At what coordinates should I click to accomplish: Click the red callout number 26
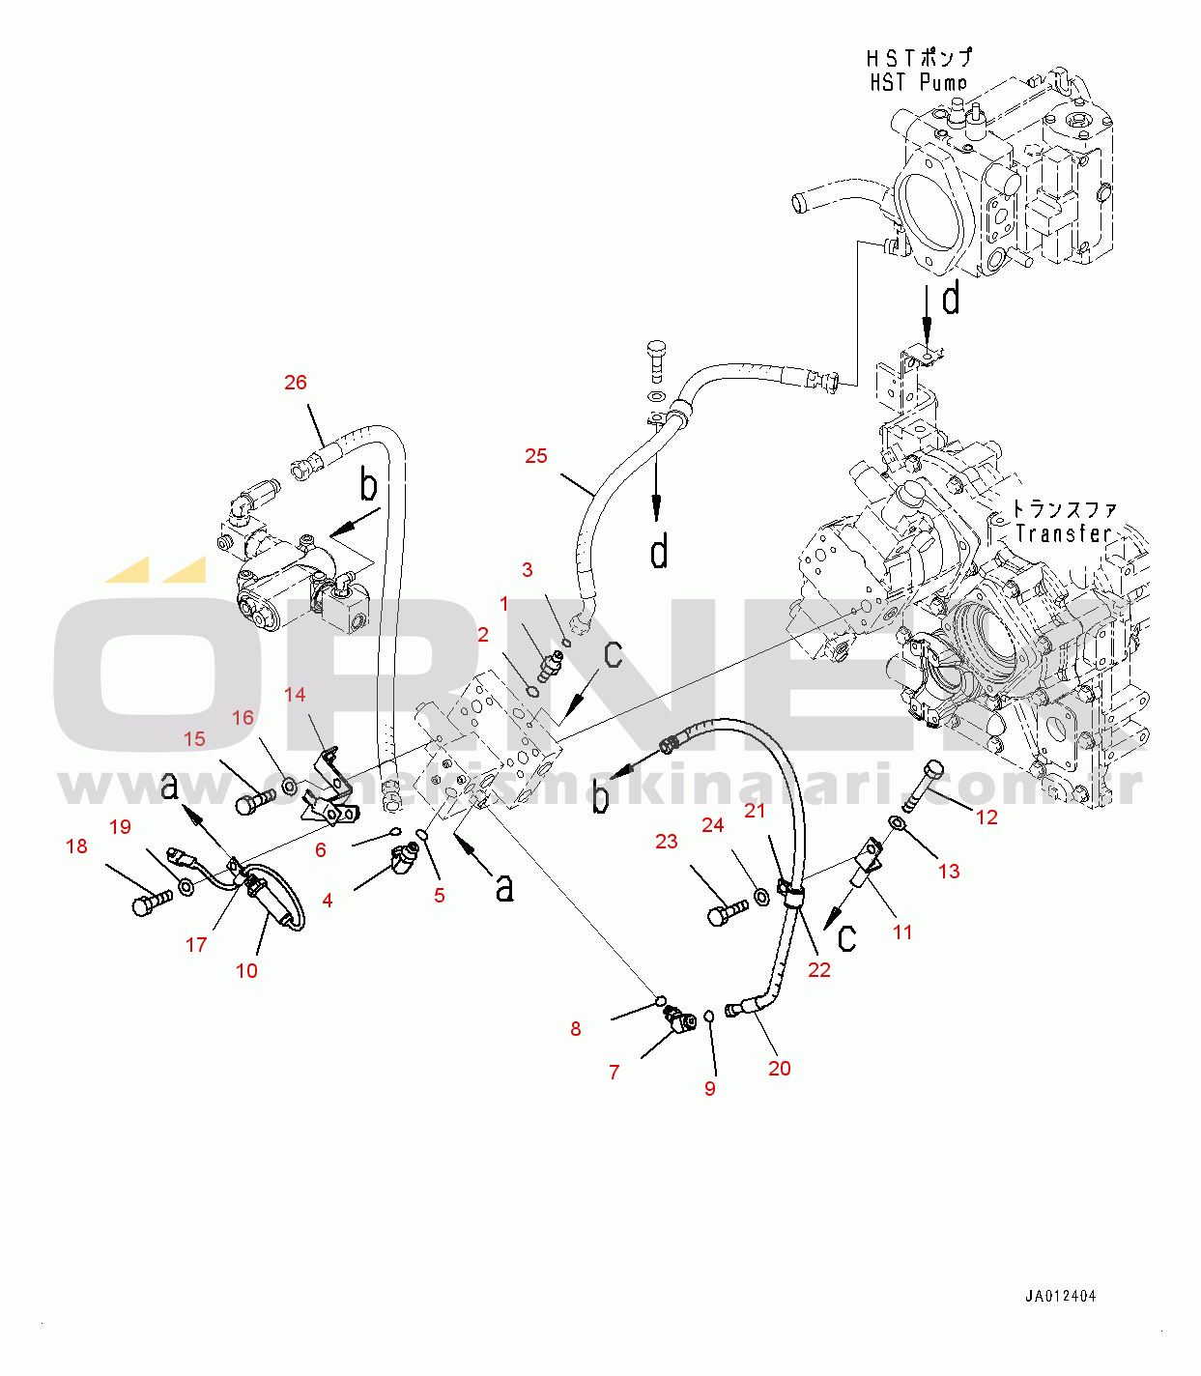(x=296, y=383)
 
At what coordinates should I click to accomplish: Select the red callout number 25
(x=536, y=456)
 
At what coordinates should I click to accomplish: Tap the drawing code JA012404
(x=1061, y=1297)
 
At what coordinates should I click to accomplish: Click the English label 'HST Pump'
(x=918, y=83)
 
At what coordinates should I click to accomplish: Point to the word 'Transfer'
(x=1063, y=533)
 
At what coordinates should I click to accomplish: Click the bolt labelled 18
(x=149, y=903)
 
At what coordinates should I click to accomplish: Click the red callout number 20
(x=780, y=1068)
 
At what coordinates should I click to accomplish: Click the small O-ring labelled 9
(x=709, y=1017)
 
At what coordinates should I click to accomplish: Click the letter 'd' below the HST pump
(x=951, y=299)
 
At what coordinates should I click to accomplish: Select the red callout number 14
(x=295, y=695)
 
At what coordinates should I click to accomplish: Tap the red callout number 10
(x=246, y=971)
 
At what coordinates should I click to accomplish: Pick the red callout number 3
(x=528, y=570)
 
